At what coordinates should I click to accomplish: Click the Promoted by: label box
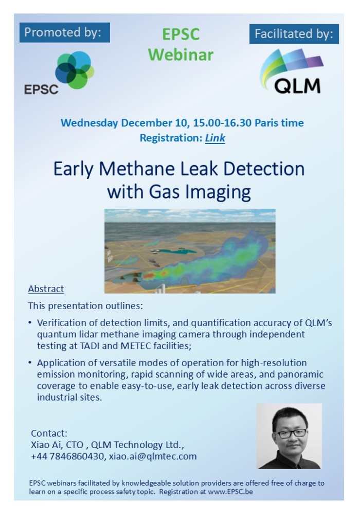tap(65, 32)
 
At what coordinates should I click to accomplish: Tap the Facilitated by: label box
tap(294, 34)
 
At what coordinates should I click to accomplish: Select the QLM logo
tap(292, 71)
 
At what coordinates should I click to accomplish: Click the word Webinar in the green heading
tap(181, 55)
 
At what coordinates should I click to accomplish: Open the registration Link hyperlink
tap(215, 138)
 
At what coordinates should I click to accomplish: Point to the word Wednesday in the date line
tap(89, 123)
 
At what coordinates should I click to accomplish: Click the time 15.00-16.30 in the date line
tap(222, 123)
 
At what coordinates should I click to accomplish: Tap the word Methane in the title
tap(137, 169)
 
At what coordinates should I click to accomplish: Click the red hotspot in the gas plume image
tap(149, 275)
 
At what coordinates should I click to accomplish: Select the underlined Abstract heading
tap(46, 289)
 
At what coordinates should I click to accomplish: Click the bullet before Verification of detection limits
tap(30, 322)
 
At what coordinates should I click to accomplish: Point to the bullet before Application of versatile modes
tap(30, 363)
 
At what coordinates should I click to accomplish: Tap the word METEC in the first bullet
tap(135, 346)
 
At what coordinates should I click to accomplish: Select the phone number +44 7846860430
tap(67, 456)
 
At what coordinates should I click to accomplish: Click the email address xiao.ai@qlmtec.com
tap(153, 456)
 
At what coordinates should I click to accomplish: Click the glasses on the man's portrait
tap(292, 433)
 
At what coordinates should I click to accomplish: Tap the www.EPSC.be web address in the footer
tap(230, 492)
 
